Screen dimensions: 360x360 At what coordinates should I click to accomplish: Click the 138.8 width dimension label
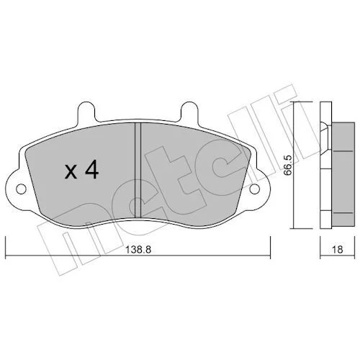[138, 250]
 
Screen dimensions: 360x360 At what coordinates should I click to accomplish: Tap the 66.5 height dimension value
[288, 166]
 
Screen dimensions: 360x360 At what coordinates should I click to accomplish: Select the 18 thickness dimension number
[338, 250]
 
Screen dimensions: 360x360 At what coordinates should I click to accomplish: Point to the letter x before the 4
[71, 172]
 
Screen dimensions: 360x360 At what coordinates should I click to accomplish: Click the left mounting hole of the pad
[21, 189]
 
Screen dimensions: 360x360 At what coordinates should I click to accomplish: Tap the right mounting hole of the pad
[255, 189]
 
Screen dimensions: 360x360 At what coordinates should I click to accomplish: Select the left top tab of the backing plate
[86, 112]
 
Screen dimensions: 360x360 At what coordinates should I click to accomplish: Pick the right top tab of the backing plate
[189, 112]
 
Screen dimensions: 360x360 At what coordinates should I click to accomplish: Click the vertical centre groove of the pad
[138, 171]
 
